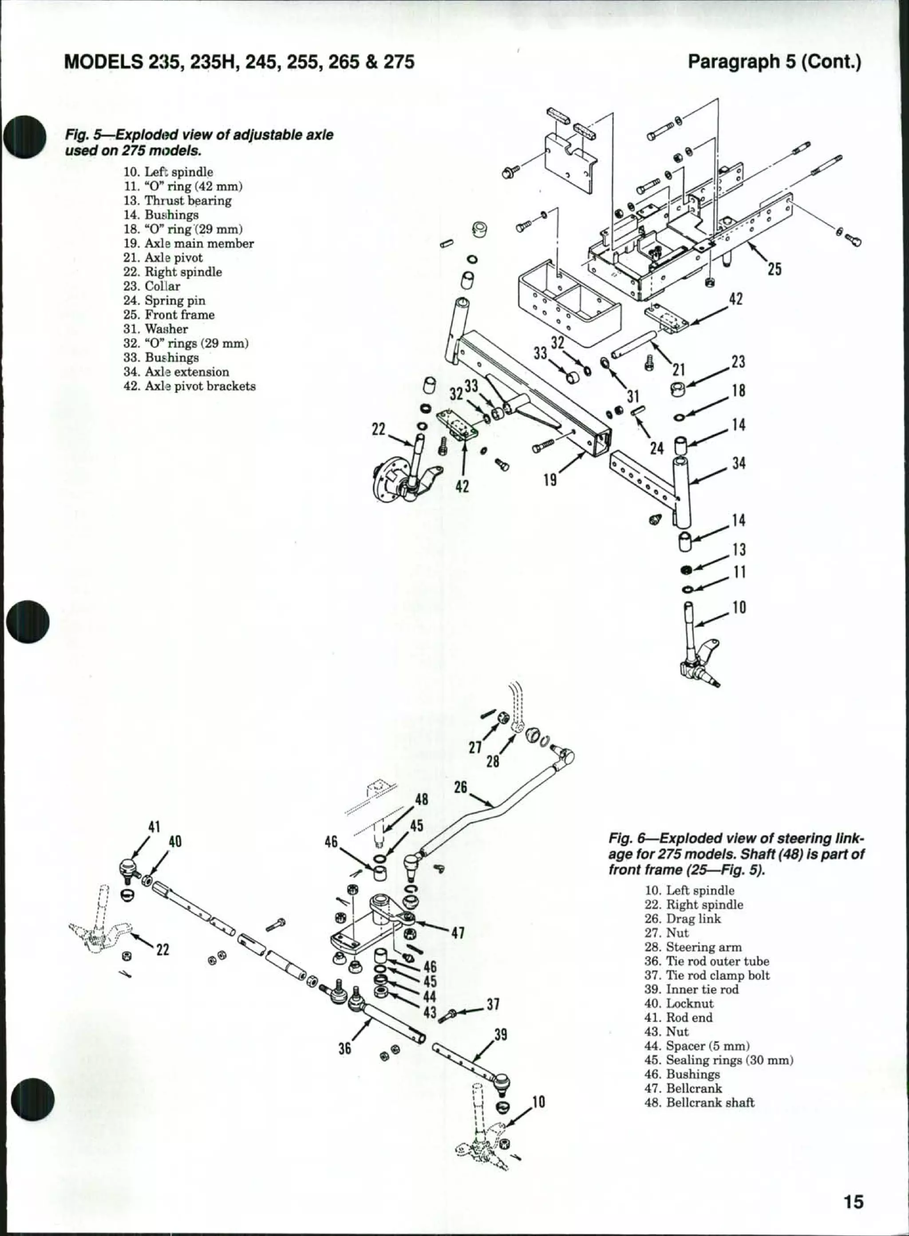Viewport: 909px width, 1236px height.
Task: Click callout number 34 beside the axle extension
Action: [x=739, y=464]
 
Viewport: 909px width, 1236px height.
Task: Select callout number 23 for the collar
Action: [x=739, y=362]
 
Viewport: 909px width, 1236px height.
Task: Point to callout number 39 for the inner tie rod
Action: [x=500, y=1034]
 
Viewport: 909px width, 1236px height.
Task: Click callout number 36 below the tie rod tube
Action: [x=344, y=1049]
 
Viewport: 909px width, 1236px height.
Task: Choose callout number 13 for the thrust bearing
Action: [x=739, y=549]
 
